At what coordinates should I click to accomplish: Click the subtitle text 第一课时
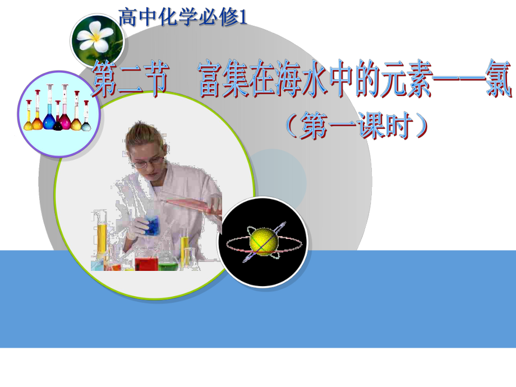[357, 127]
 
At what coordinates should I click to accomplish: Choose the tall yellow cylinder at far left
[102, 238]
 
